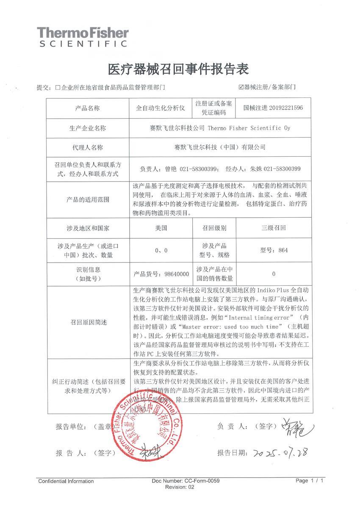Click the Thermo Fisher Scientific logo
click(x=82, y=37)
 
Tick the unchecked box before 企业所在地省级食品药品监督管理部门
click(x=58, y=88)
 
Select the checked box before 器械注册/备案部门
click(x=241, y=87)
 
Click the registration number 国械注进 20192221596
click(x=273, y=108)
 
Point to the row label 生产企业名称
click(x=87, y=127)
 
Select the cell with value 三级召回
click(x=273, y=228)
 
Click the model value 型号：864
click(x=273, y=250)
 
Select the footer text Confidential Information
click(x=66, y=481)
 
